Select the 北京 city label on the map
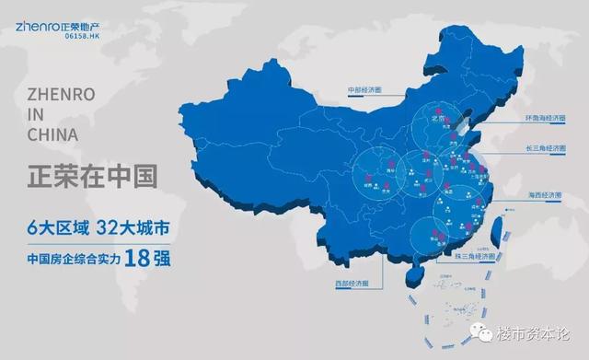pos(440,120)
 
